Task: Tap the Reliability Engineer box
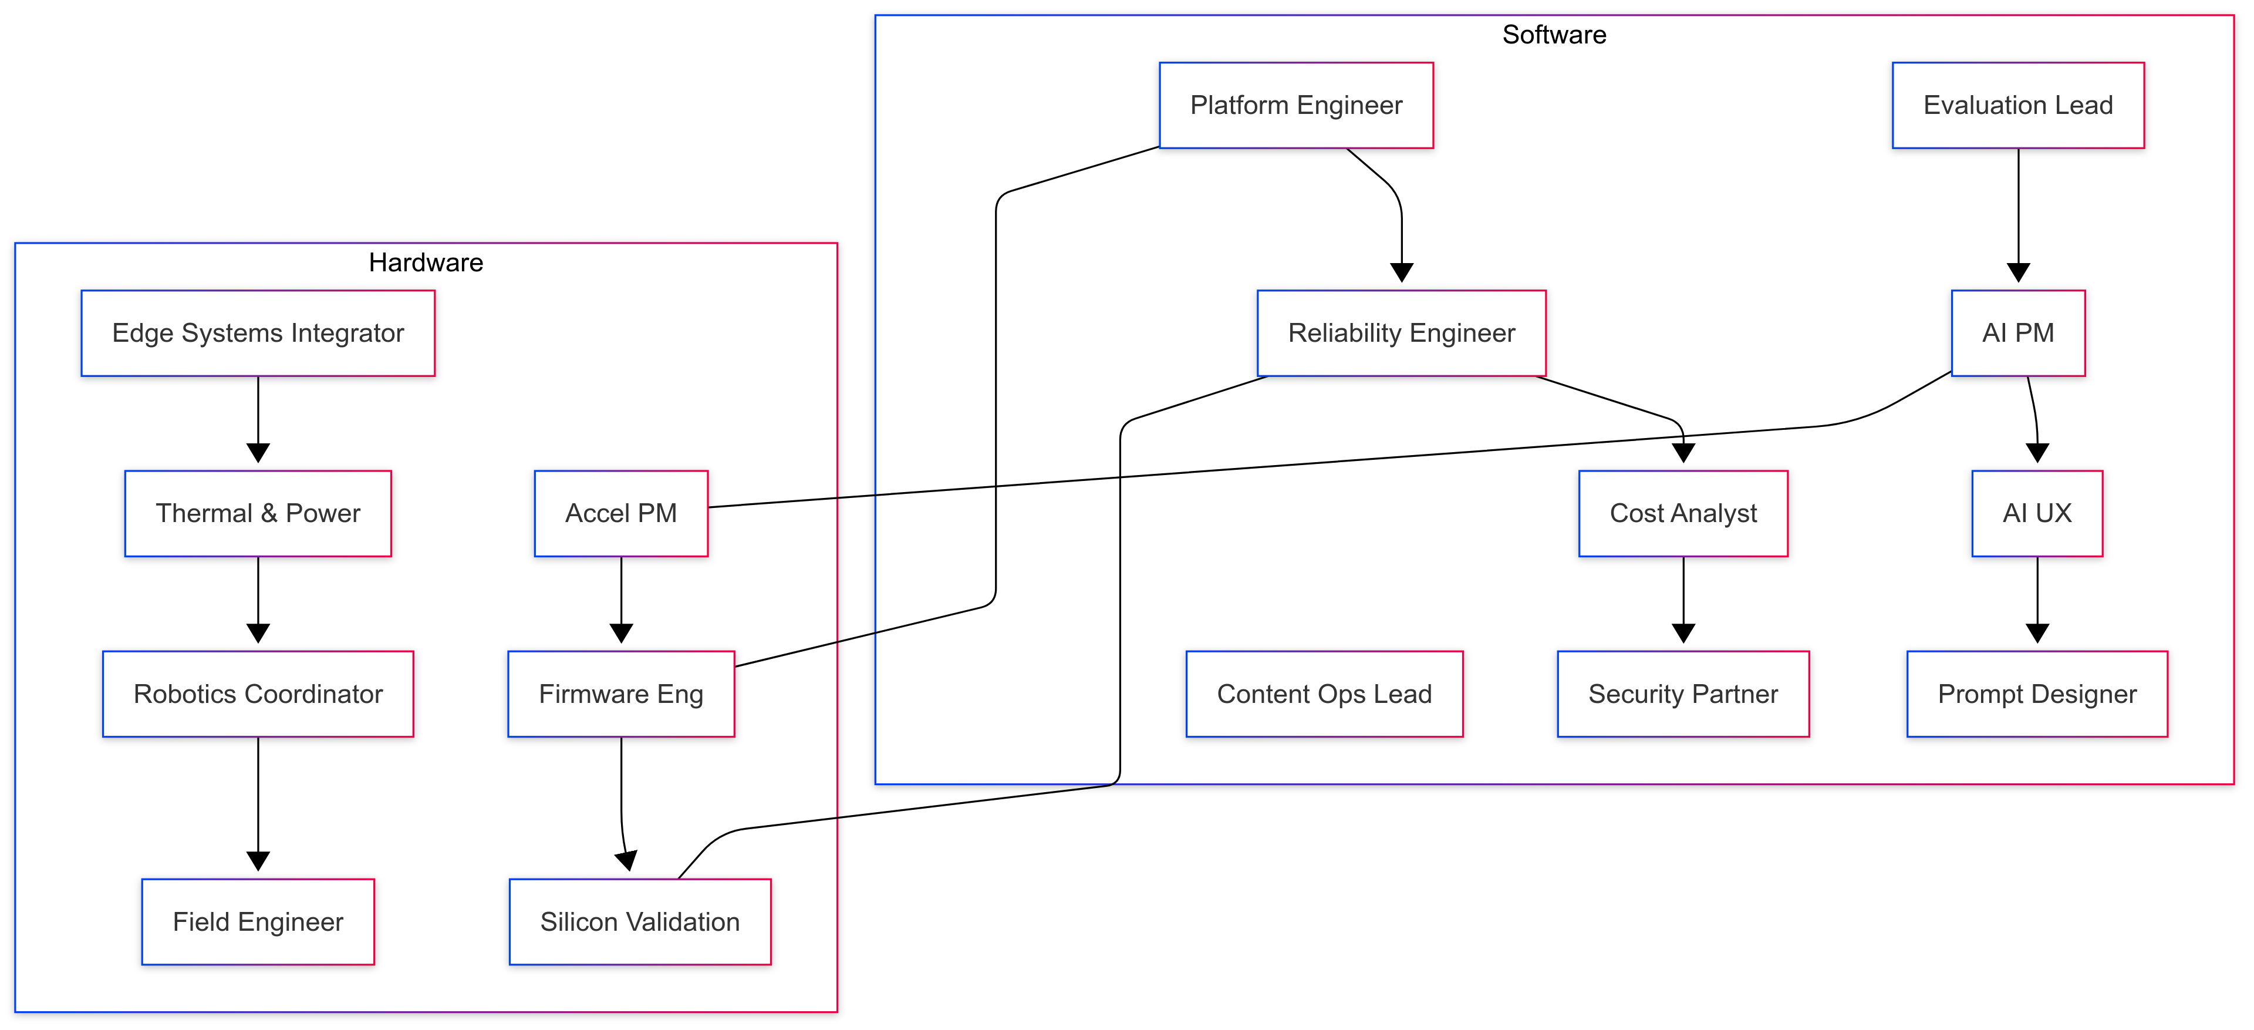(1401, 332)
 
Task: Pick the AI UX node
(2036, 513)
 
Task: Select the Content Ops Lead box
(1323, 693)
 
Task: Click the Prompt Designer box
(2036, 693)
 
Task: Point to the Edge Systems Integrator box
(258, 332)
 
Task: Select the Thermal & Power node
(258, 513)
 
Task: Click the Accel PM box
(620, 513)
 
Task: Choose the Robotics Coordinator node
(258, 693)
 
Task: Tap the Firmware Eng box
(620, 693)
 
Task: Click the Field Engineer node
(258, 921)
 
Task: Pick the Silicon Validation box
(640, 921)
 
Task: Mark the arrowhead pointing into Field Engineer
(258, 861)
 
